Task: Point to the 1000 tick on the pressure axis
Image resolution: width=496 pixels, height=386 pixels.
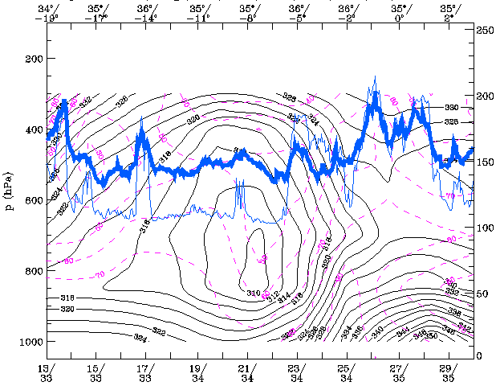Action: point(30,342)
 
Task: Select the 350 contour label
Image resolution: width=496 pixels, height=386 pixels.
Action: point(431,335)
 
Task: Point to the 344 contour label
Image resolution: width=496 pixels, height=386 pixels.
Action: point(403,330)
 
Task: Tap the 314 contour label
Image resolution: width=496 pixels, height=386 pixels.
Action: point(284,298)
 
